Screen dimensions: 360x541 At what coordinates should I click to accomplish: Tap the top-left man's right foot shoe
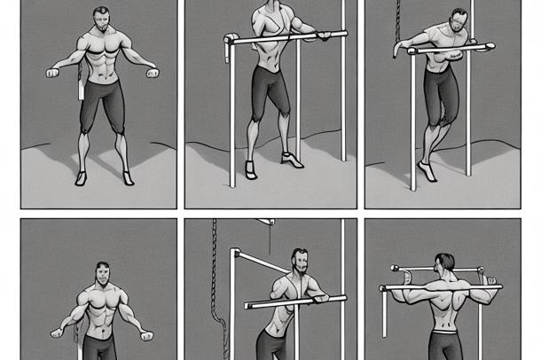pyautogui.click(x=129, y=177)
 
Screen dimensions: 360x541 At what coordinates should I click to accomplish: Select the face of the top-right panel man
pyautogui.click(x=457, y=21)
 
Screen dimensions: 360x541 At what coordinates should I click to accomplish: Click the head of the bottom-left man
pyautogui.click(x=103, y=273)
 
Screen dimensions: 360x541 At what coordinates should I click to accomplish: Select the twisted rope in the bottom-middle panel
pyautogui.click(x=213, y=284)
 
